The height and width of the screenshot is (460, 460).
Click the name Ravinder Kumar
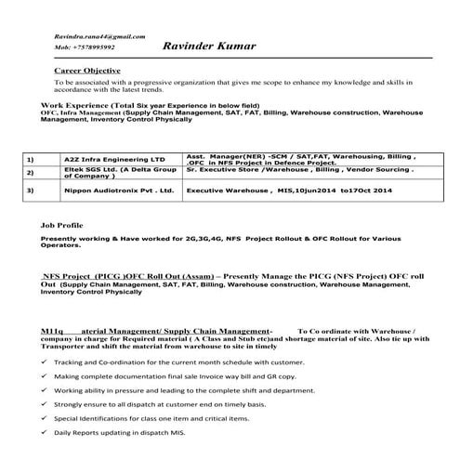(x=209, y=45)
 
